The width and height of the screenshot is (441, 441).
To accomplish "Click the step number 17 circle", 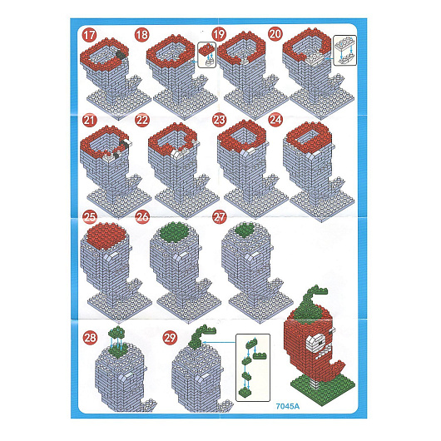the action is tap(89, 36).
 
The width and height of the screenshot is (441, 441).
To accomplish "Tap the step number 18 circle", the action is tap(141, 35).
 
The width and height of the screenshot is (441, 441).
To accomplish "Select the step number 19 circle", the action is tap(219, 35).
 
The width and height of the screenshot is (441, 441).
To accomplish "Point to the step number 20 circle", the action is tap(275, 34).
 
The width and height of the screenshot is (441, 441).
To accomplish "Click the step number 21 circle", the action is tap(89, 121).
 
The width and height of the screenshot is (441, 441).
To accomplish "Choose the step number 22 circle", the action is tap(142, 121).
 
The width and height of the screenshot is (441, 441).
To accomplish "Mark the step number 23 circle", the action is tap(219, 120).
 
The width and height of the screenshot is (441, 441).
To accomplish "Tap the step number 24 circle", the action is tap(275, 120).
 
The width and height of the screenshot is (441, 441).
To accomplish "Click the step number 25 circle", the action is tap(90, 217).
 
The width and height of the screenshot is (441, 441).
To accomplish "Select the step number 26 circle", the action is tap(142, 217).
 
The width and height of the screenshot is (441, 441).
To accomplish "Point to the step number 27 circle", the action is tap(220, 217).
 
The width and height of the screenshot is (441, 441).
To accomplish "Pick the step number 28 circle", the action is tap(90, 338).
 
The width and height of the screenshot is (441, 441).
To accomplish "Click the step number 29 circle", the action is tap(170, 338).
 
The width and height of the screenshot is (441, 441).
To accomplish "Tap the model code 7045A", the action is tap(287, 406).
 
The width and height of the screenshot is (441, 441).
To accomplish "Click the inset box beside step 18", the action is tap(206, 55).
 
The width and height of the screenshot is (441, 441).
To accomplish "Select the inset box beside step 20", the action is tap(344, 51).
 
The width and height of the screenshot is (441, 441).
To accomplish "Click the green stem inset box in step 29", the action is tap(253, 368).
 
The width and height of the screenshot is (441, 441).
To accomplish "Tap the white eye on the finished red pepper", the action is tap(315, 343).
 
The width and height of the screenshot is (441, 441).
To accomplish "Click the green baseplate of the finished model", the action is tap(323, 387).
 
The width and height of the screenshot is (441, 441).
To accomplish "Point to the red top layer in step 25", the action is tap(107, 235).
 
